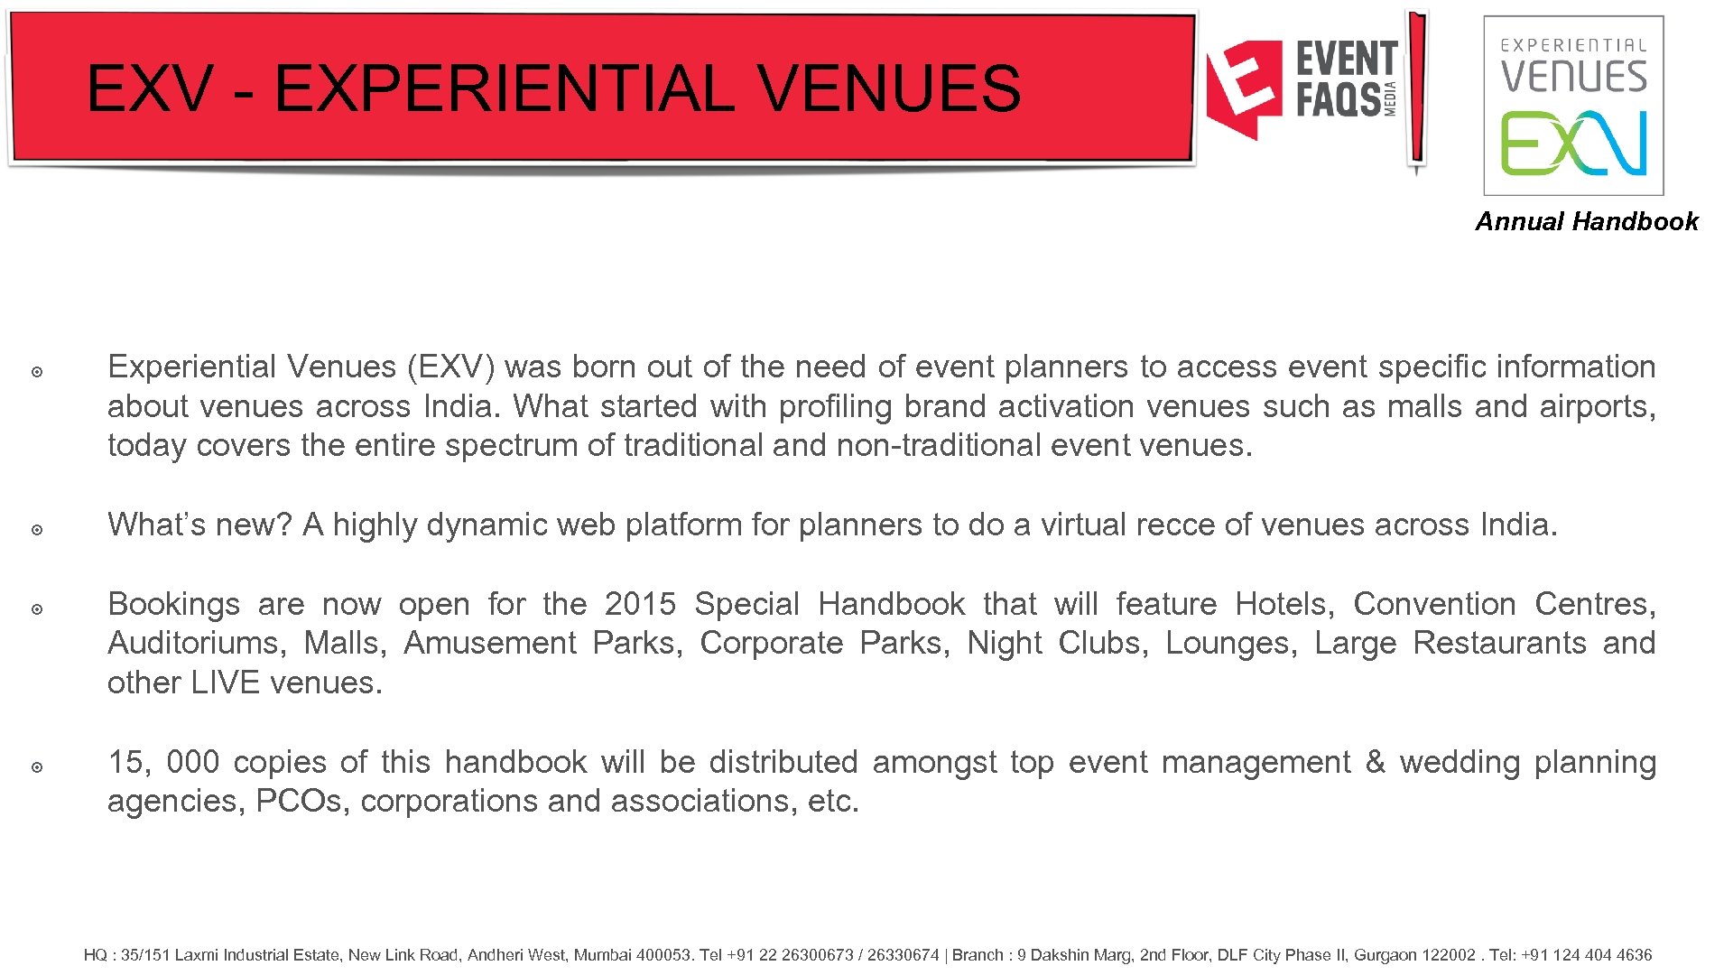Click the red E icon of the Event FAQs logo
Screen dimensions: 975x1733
[1245, 88]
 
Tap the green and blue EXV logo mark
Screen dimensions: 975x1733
[1573, 143]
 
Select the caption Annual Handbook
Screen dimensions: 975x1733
[1586, 221]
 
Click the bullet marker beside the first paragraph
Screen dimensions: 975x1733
[37, 372]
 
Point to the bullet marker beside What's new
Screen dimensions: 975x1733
[37, 530]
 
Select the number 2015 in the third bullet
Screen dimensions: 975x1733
[640, 603]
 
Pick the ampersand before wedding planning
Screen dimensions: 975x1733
[1375, 761]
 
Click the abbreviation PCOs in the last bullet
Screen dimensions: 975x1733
[299, 801]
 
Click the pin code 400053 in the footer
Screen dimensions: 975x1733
[664, 955]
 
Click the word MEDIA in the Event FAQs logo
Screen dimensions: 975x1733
[1391, 98]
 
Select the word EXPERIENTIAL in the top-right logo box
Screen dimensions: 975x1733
[1573, 45]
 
